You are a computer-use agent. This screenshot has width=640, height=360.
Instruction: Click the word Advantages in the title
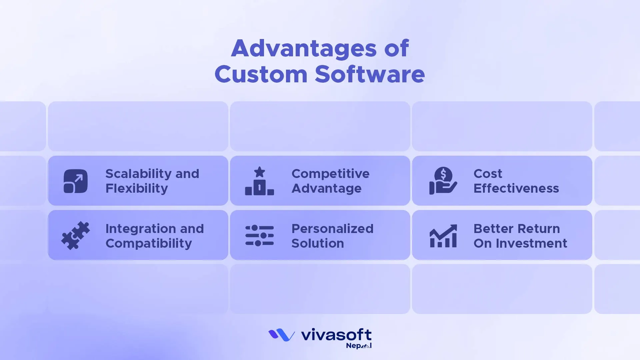coord(304,49)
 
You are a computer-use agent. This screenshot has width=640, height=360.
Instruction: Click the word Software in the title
coord(370,74)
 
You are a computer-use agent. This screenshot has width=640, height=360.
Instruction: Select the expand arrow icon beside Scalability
coord(76,181)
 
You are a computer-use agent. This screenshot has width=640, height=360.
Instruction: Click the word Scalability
coord(138,174)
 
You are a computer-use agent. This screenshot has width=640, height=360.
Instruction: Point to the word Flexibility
coord(136,188)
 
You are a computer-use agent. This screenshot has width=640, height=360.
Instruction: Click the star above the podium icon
coord(259,172)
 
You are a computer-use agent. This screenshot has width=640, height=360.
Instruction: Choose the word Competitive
coord(330,174)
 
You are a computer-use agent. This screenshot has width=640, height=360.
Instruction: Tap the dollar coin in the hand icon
coord(443,174)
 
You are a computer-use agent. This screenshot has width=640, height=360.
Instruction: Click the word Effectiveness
coord(516,188)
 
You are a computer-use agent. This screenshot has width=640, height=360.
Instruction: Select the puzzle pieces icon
coord(76,235)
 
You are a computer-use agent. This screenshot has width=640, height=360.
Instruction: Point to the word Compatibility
coord(148,243)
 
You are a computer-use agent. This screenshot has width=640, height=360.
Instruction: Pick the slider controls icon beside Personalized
coord(259,235)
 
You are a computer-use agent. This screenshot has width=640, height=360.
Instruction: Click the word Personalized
coord(332,229)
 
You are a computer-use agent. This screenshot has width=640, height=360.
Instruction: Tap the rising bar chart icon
coord(443,236)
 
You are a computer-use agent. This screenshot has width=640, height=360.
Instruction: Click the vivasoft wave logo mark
coord(281,335)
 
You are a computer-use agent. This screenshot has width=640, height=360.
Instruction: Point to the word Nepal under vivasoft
coord(358,346)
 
